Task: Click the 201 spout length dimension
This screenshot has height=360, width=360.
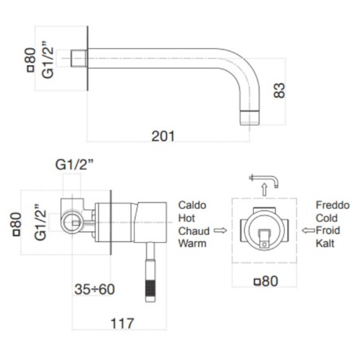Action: pyautogui.click(x=163, y=135)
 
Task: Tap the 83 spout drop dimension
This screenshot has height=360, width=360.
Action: pyautogui.click(x=279, y=90)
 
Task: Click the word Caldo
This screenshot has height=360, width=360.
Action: pyautogui.click(x=192, y=205)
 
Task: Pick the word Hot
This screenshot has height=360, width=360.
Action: pyautogui.click(x=187, y=218)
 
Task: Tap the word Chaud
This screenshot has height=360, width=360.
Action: pyautogui.click(x=194, y=231)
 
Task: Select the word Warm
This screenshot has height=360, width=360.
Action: pyautogui.click(x=192, y=244)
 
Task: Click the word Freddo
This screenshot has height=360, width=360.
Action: pyautogui.click(x=333, y=205)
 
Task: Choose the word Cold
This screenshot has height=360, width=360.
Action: pyautogui.click(x=327, y=218)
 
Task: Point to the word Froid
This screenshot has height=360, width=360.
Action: pyautogui.click(x=328, y=231)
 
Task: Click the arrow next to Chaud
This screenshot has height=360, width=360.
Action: pyautogui.click(x=220, y=231)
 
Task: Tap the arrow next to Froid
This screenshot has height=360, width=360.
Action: pyautogui.click(x=308, y=231)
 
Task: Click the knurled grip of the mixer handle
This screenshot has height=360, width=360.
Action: pyautogui.click(x=150, y=288)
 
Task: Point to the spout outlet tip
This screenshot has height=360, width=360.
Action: pyautogui.click(x=251, y=118)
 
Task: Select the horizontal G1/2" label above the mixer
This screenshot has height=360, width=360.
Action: pyautogui.click(x=74, y=165)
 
